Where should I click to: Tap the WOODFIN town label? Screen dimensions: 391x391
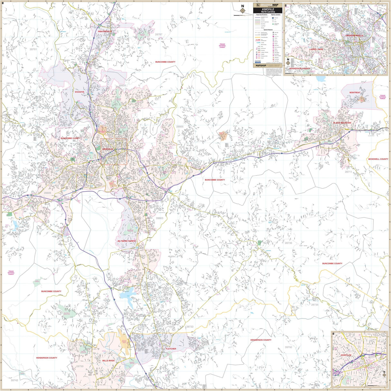click(79, 92)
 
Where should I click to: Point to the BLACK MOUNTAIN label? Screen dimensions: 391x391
click(342, 123)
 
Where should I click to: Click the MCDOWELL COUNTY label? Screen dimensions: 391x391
click(378, 159)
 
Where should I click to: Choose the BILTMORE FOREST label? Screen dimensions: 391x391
click(127, 241)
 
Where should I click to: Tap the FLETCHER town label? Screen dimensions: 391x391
click(171, 349)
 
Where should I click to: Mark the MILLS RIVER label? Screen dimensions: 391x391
click(108, 361)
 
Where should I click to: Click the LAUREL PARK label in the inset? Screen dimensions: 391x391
click(316, 49)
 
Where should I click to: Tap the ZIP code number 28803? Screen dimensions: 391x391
click(160, 218)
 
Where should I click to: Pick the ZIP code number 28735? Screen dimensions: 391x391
click(314, 304)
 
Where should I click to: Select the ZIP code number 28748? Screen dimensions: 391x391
click(10, 83)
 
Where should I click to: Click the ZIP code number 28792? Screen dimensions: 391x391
click(288, 347)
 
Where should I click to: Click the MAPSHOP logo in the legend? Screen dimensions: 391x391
click(261, 65)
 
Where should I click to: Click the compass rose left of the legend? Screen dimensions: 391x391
click(242, 12)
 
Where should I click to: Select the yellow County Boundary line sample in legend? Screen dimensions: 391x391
click(258, 38)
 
